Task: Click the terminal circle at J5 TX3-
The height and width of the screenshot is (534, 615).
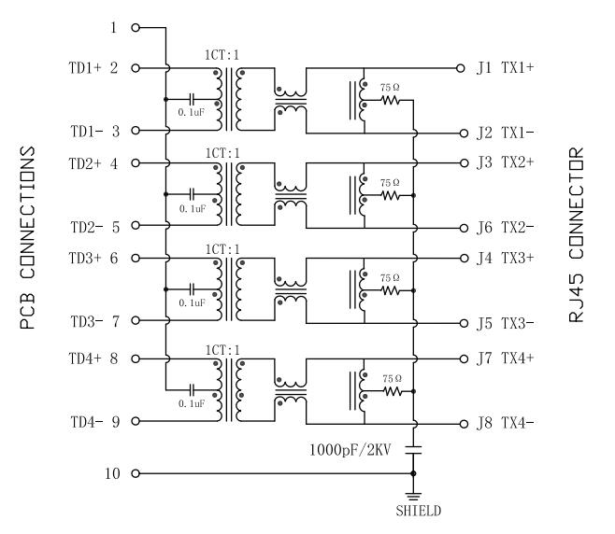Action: (x=462, y=323)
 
